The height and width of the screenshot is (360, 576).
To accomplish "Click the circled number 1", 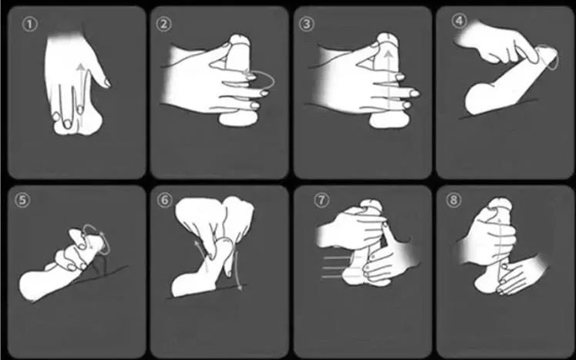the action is pyautogui.click(x=30, y=25).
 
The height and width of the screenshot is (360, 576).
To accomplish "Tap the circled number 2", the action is pyautogui.click(x=163, y=24).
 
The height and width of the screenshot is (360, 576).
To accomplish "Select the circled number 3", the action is pyautogui.click(x=306, y=24).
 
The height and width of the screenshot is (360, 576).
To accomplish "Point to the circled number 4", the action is pyautogui.click(x=460, y=21).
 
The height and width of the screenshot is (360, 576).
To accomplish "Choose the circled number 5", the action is pyautogui.click(x=22, y=200).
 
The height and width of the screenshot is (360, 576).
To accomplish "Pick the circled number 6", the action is pyautogui.click(x=164, y=200).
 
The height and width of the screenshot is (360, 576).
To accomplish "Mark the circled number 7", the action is pyautogui.click(x=322, y=200).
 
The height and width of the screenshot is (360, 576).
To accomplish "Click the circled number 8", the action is pyautogui.click(x=453, y=200).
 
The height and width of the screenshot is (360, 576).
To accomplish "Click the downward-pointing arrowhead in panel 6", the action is pyautogui.click(x=240, y=287).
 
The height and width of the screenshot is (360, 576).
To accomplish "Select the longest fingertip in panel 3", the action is pyautogui.click(x=415, y=94).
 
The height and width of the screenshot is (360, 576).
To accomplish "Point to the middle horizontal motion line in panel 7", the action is pyautogui.click(x=335, y=267).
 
